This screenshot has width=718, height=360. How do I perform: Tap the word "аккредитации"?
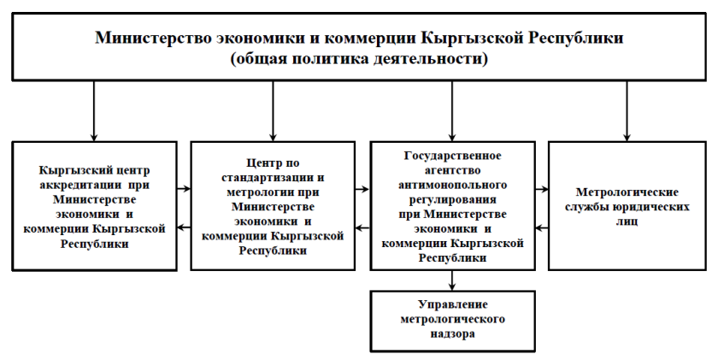(x=80, y=186)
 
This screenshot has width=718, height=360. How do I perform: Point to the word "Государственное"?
(x=452, y=156)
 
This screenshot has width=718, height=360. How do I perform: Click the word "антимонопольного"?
(x=452, y=185)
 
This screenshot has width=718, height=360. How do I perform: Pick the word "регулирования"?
(x=452, y=200)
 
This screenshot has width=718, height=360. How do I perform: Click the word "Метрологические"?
(x=627, y=192)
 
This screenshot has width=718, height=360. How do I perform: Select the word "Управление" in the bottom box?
(x=452, y=304)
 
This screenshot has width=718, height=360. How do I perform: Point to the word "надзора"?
(x=452, y=333)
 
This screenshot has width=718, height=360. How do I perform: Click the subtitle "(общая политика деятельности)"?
(x=359, y=59)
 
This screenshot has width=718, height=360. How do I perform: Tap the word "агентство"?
(x=452, y=170)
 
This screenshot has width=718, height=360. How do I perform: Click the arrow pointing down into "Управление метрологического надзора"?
(x=452, y=280)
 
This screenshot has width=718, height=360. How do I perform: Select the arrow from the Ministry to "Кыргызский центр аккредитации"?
(x=94, y=111)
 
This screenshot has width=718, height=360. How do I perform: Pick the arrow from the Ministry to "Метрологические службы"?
(x=627, y=111)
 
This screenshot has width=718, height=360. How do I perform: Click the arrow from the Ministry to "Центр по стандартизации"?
(x=273, y=111)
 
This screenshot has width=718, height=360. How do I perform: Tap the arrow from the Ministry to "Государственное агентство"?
(x=452, y=111)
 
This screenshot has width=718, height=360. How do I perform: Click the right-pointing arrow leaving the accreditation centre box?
(x=184, y=188)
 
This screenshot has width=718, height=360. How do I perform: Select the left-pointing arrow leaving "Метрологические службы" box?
(x=542, y=227)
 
